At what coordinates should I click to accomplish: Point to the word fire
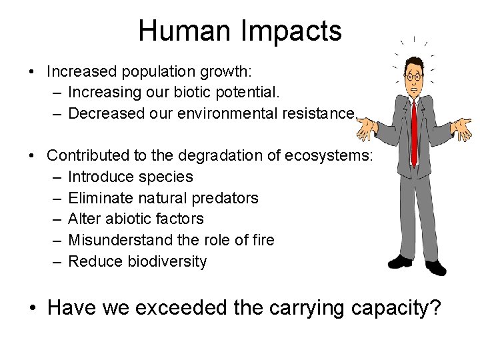tap(263, 240)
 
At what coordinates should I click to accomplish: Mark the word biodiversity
tap(167, 261)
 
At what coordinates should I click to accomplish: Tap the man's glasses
tap(414, 77)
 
